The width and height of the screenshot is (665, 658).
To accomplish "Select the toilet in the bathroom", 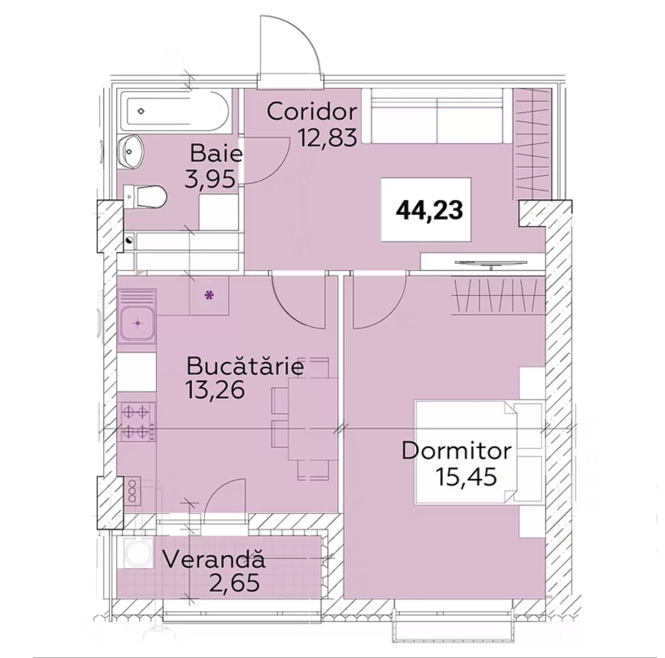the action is (145, 196).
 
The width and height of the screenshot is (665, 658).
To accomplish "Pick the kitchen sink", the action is (137, 324).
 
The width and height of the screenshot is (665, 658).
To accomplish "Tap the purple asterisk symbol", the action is (209, 295).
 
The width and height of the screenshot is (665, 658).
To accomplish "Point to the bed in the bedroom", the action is (479, 452).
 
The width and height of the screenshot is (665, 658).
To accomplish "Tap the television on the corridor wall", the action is (491, 263).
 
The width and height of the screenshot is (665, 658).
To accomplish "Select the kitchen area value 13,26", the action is (215, 390).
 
